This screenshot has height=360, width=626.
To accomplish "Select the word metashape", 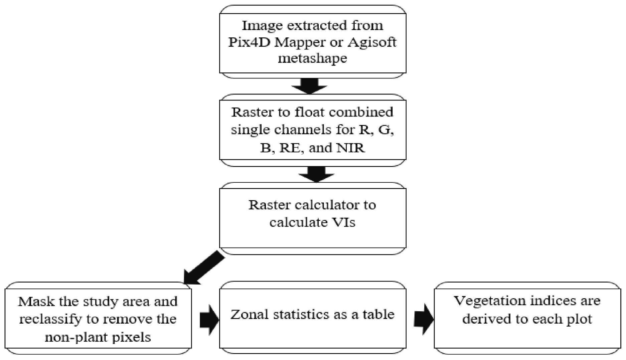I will [x=312, y=58].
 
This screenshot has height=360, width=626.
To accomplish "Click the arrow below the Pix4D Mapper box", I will [x=309, y=86].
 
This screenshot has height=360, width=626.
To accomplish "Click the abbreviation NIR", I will [x=350, y=148].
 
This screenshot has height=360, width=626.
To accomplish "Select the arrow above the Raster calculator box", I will [x=316, y=174].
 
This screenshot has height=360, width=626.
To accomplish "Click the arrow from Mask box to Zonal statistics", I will [x=209, y=319].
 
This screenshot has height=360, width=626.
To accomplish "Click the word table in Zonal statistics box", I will [x=379, y=314].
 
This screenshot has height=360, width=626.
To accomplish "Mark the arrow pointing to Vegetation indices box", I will [x=424, y=319].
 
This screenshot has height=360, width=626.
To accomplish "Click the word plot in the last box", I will [x=577, y=319].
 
